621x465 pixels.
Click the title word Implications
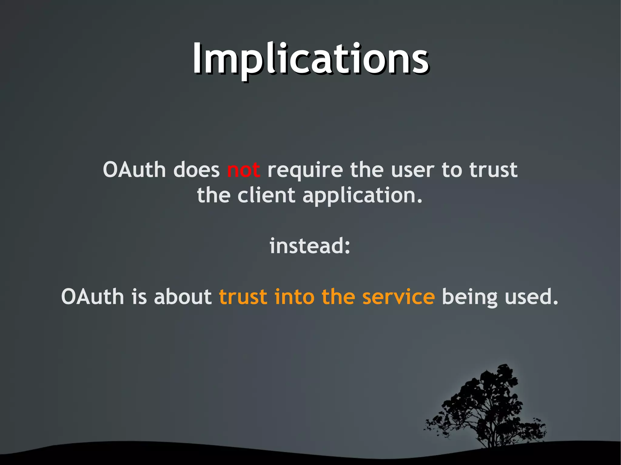click(x=310, y=59)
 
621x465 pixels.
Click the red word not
click(x=243, y=170)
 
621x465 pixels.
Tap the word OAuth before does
click(x=134, y=170)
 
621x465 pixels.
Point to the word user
click(x=412, y=170)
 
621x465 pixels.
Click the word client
click(x=266, y=195)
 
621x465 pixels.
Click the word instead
click(x=306, y=246)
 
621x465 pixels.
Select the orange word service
click(x=398, y=297)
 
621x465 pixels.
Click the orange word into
click(x=294, y=297)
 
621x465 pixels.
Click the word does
click(x=196, y=170)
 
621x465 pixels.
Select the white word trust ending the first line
click(x=493, y=170)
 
